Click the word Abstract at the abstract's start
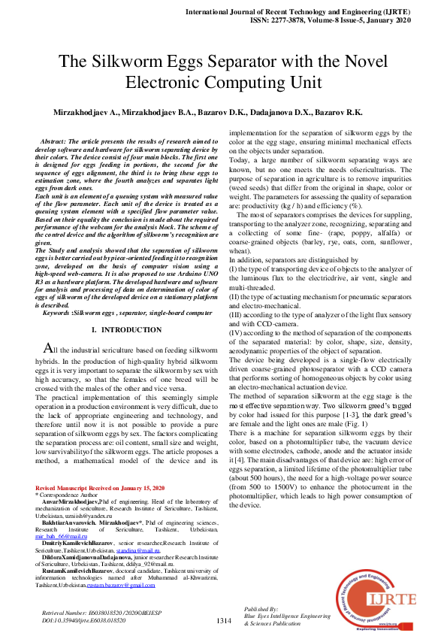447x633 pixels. (53, 141)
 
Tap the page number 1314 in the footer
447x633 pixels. (223, 620)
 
